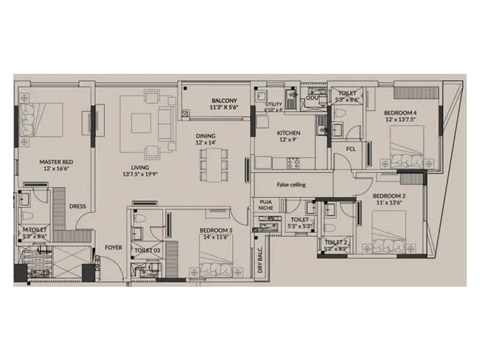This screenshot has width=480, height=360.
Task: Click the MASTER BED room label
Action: coord(56,162)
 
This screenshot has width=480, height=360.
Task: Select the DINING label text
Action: coord(204,136)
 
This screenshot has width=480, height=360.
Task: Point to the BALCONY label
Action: coord(224,100)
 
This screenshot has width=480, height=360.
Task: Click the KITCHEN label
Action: coord(288,133)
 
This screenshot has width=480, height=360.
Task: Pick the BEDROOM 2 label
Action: coord(389,196)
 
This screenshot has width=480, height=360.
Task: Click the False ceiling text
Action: coord(291,185)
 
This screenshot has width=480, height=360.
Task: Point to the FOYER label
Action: coord(113,247)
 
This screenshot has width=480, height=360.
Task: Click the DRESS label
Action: coord(77,206)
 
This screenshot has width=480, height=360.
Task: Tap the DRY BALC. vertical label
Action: coord(260,263)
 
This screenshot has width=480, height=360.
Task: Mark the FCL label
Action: coord(352,149)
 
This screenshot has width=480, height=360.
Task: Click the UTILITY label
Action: coord(274,104)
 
